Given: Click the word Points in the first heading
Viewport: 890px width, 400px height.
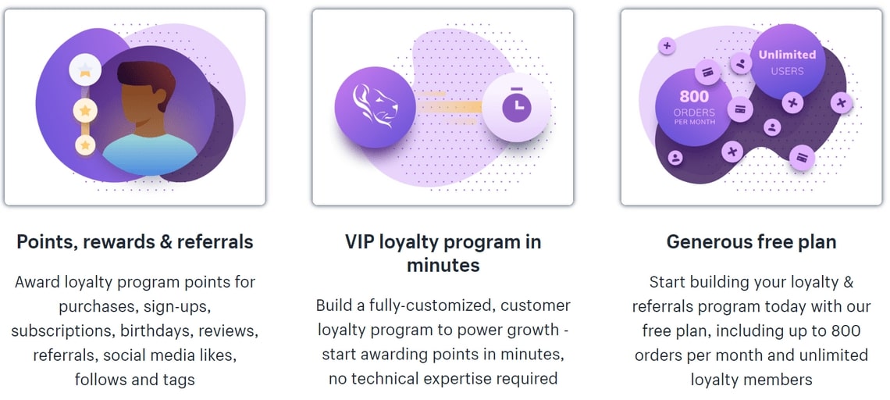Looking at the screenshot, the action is (x=47, y=242).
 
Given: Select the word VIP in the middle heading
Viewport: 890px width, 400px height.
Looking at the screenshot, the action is (x=360, y=241).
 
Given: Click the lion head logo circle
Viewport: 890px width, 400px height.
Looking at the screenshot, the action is (x=376, y=107).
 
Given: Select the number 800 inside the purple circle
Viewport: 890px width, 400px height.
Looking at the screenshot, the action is (x=693, y=97).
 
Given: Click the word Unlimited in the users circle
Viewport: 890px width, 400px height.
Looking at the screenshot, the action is (x=787, y=55).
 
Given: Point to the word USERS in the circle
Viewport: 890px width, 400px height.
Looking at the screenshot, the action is (x=787, y=71).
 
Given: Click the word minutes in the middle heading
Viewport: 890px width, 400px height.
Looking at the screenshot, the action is (x=443, y=265).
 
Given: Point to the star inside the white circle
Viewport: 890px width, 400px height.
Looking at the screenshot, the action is (x=85, y=70).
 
